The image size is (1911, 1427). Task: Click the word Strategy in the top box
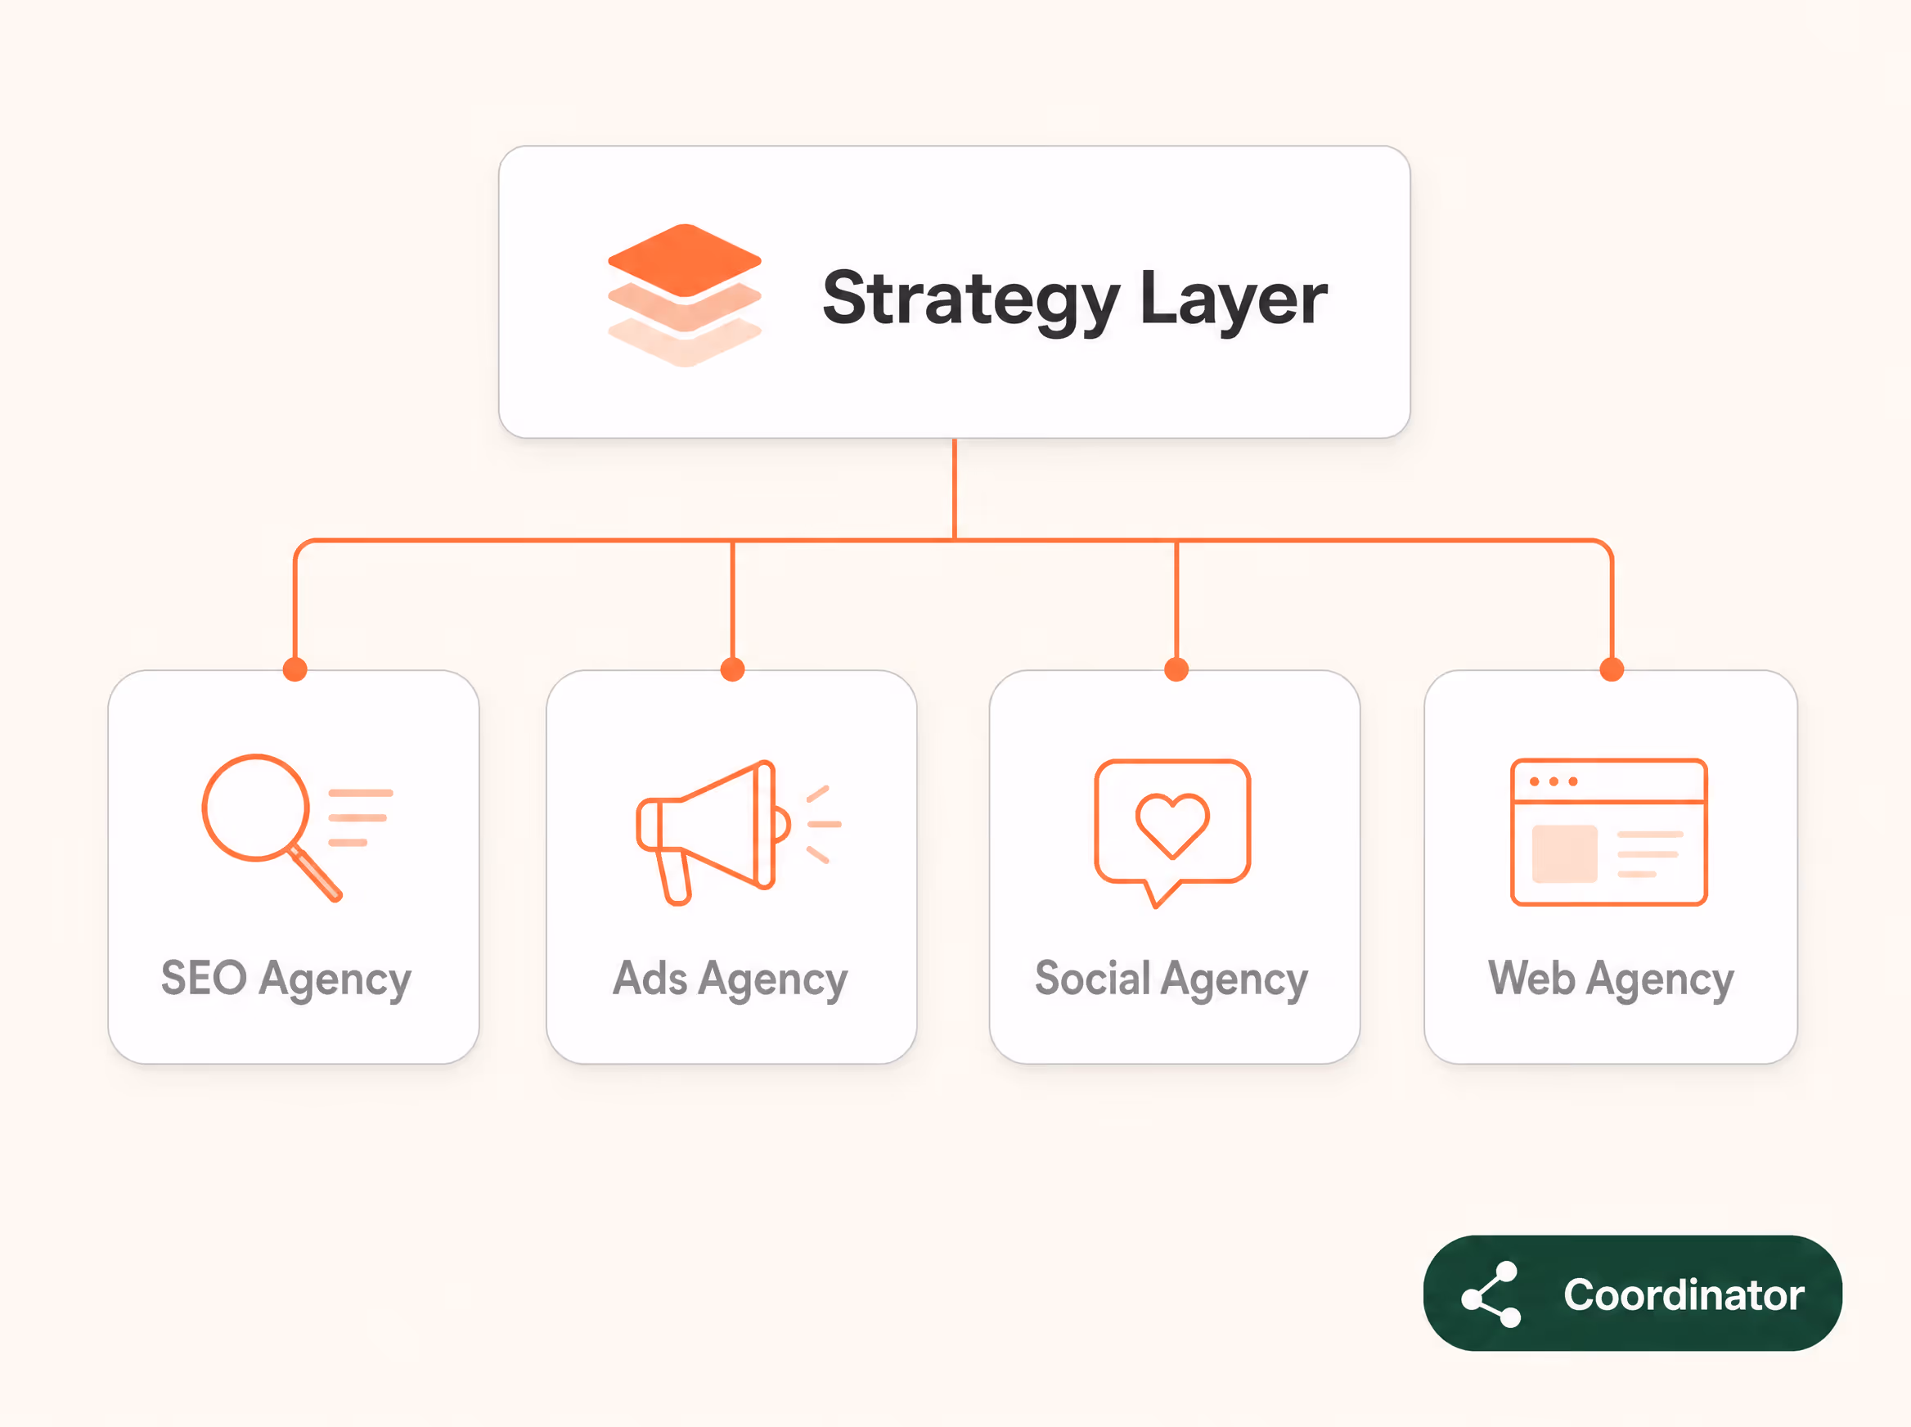[x=970, y=299]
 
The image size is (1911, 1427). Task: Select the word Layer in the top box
[x=1233, y=299]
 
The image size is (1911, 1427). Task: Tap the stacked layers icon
[x=685, y=295]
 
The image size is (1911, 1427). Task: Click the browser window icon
[x=1609, y=832]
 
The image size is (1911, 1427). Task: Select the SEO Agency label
[x=286, y=979]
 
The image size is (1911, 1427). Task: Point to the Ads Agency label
[x=730, y=979]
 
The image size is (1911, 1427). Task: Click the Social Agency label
[x=1171, y=979]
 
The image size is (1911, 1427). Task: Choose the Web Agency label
[x=1611, y=979]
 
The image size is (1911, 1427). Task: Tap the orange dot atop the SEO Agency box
[x=295, y=669]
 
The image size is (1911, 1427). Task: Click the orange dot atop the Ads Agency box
[x=732, y=669]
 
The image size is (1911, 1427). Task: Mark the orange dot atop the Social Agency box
[x=1176, y=669]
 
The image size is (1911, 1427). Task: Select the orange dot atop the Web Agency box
[x=1612, y=669]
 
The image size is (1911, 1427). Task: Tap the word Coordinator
[x=1684, y=1294]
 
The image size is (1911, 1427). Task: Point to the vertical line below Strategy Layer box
[x=954, y=489]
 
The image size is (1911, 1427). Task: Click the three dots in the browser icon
[x=1554, y=781]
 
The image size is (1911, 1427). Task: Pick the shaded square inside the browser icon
[x=1564, y=853]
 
